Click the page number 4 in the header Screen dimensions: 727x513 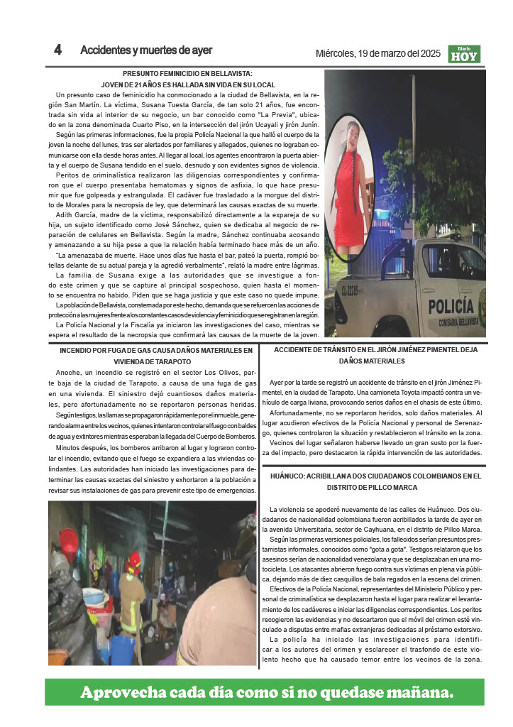pyautogui.click(x=57, y=50)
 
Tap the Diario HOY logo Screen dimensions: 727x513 pyautogui.click(x=464, y=54)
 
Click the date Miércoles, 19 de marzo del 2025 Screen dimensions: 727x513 pyautogui.click(x=378, y=53)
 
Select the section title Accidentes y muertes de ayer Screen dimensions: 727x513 pyautogui.click(x=146, y=50)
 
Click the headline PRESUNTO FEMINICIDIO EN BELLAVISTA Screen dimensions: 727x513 pyautogui.click(x=187, y=74)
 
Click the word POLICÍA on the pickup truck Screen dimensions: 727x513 pyautogui.click(x=451, y=306)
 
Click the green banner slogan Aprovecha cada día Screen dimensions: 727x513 pyautogui.click(x=266, y=692)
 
